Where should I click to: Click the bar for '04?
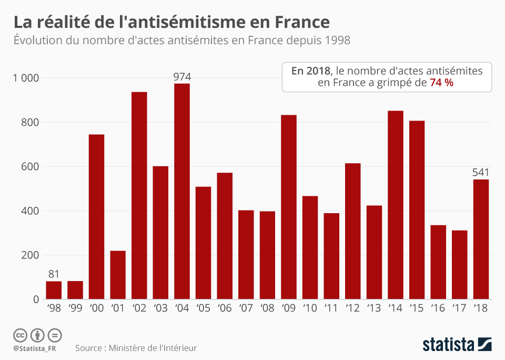tap(182, 192)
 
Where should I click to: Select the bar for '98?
tap(54, 290)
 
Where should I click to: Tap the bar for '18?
tap(481, 239)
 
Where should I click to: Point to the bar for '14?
tap(396, 205)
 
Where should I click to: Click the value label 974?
tap(182, 77)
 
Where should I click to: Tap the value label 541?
tap(481, 173)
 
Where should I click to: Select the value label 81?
tap(54, 274)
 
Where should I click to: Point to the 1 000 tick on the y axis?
tap(26, 78)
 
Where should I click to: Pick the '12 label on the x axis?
tap(352, 309)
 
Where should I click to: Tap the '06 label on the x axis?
tap(225, 309)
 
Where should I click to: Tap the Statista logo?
tap(457, 345)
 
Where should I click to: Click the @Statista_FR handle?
tap(36, 348)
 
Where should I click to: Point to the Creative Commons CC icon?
tap(20, 335)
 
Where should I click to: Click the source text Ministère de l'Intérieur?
tap(152, 348)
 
